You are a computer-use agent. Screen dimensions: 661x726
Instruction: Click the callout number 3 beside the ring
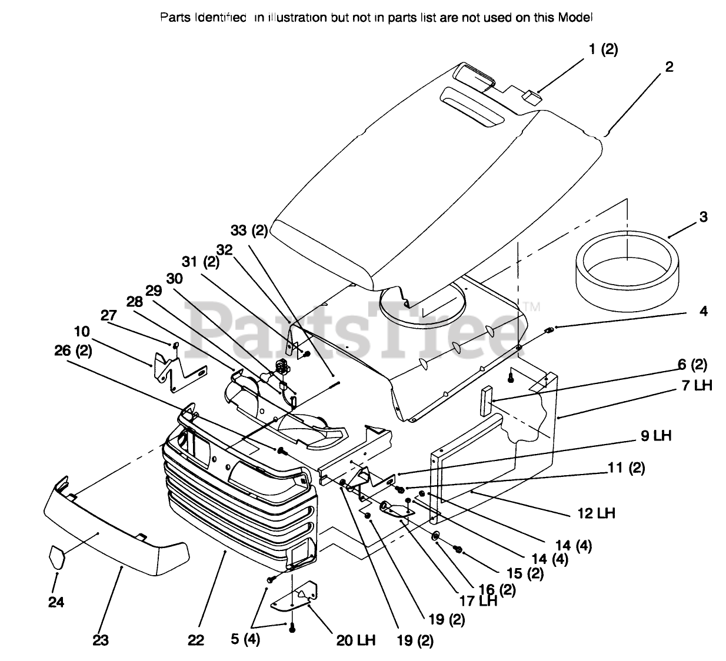pos(703,217)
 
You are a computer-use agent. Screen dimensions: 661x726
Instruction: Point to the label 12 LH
pos(597,513)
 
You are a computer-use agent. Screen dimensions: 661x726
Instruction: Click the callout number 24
pos(56,602)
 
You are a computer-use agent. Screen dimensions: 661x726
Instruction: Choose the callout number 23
pos(101,640)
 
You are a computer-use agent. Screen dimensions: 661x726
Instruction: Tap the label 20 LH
pos(355,640)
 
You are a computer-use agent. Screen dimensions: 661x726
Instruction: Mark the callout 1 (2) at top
pos(603,49)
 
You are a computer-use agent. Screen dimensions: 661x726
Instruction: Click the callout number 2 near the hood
pos(669,66)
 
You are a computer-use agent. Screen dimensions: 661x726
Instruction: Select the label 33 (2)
pos(249,231)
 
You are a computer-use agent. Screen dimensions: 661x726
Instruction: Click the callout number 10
pos(82,331)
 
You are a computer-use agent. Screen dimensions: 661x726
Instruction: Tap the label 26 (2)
pos(74,351)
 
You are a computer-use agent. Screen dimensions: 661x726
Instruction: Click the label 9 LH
pos(655,436)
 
